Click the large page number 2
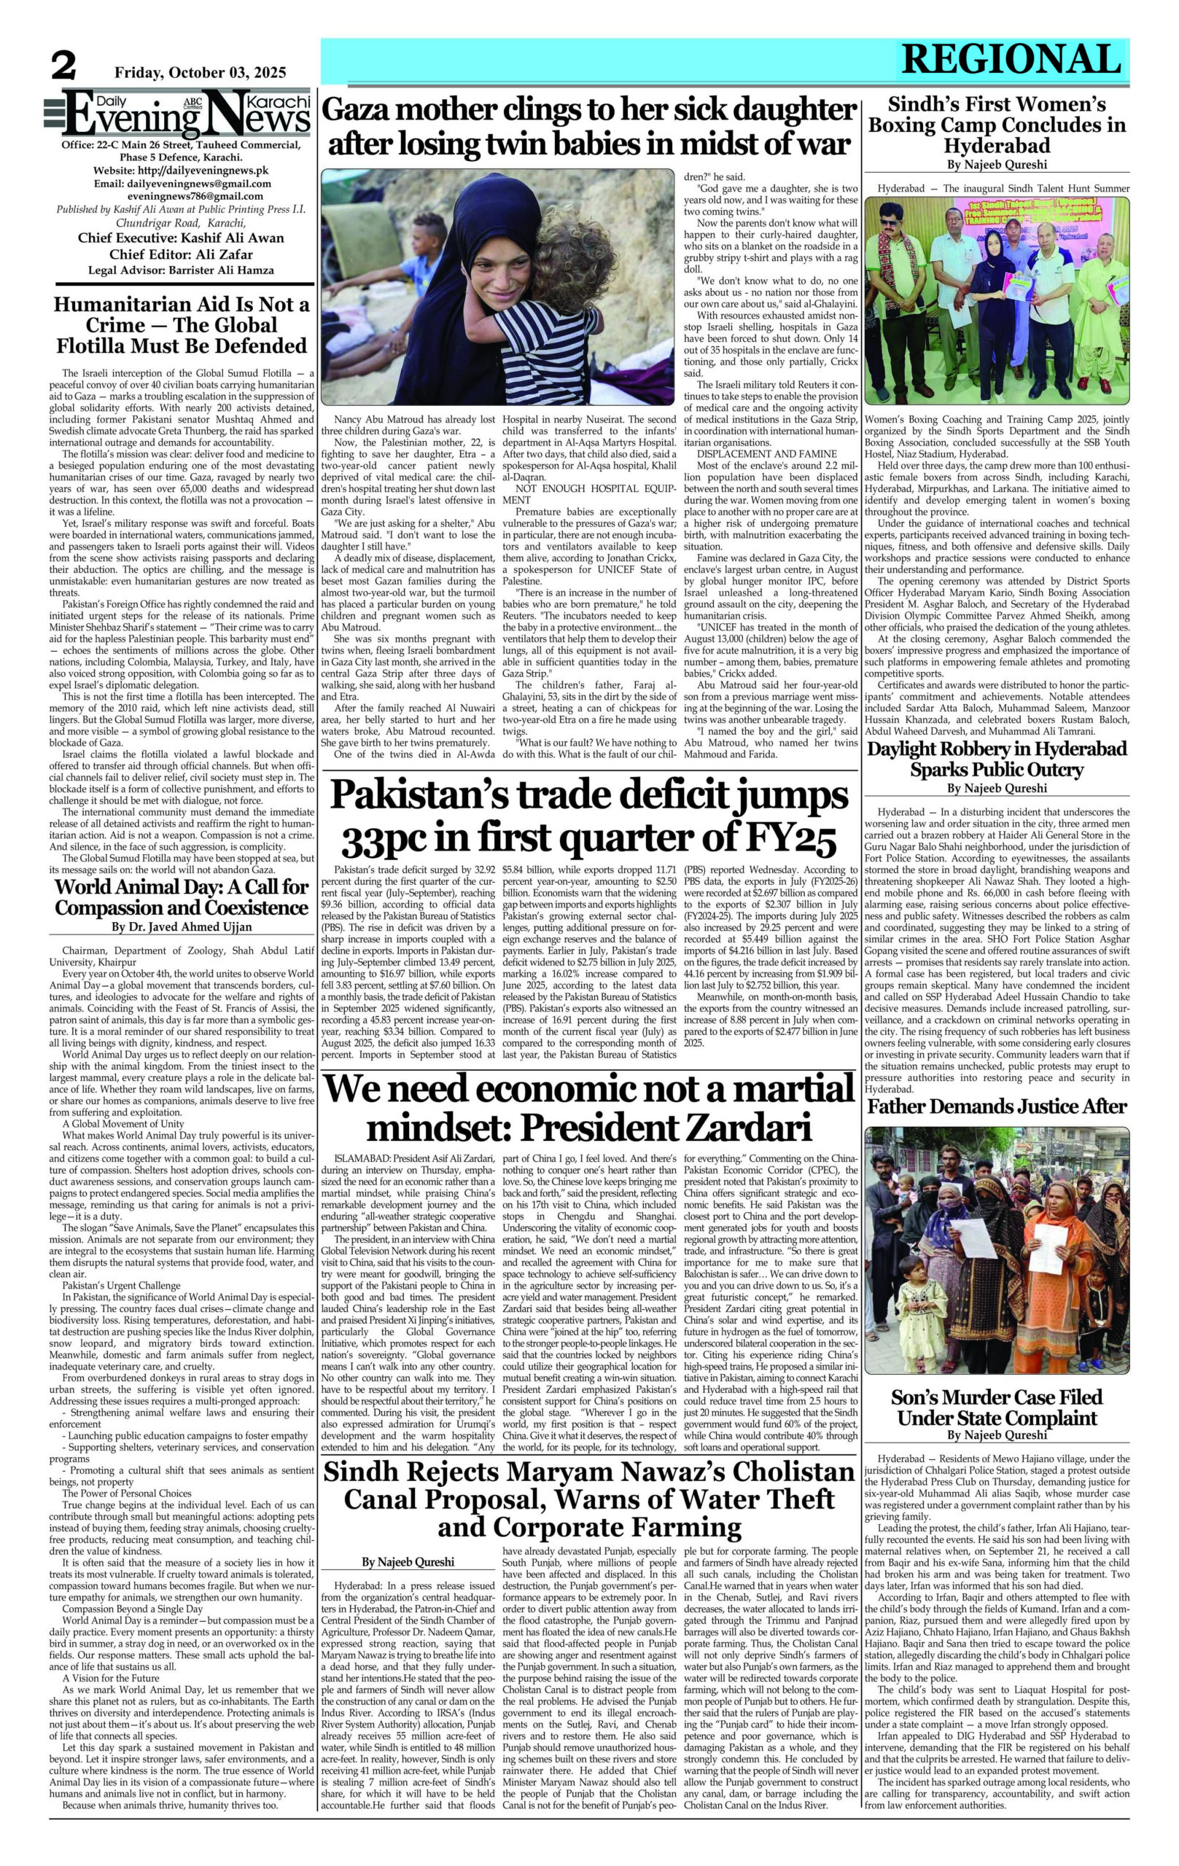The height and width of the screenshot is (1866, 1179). (x=63, y=66)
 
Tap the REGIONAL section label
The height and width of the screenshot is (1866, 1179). (x=1011, y=59)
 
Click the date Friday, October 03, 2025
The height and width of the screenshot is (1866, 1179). (x=200, y=73)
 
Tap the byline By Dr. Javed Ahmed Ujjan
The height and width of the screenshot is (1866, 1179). (x=182, y=926)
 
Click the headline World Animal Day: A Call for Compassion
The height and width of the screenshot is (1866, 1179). (x=182, y=896)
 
